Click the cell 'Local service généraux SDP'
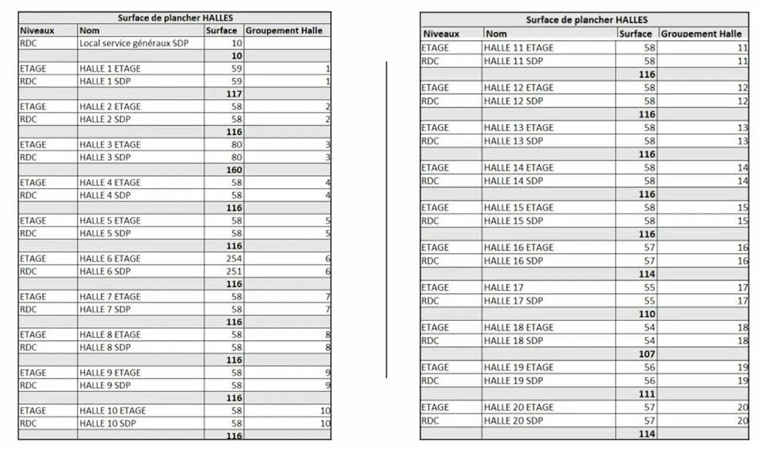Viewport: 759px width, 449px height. pos(136,43)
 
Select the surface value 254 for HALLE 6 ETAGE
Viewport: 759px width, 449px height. pos(234,258)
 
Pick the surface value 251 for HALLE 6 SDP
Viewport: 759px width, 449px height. pos(234,272)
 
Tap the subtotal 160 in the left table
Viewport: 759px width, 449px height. pos(234,170)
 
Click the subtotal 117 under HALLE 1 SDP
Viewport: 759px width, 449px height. pos(234,93)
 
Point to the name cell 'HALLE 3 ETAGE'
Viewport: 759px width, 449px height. pos(110,144)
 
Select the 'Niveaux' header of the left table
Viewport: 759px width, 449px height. pos(35,30)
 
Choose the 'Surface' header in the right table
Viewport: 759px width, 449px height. pos(635,34)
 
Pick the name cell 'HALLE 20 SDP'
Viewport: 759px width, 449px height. pos(514,420)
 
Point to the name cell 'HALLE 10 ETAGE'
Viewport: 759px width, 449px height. pos(113,410)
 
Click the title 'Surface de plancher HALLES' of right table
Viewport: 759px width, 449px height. pos(586,20)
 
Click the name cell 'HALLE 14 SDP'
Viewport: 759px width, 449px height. pos(514,181)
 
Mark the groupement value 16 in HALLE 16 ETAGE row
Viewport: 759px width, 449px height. pos(742,248)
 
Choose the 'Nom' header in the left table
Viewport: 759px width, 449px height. pos(89,30)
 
